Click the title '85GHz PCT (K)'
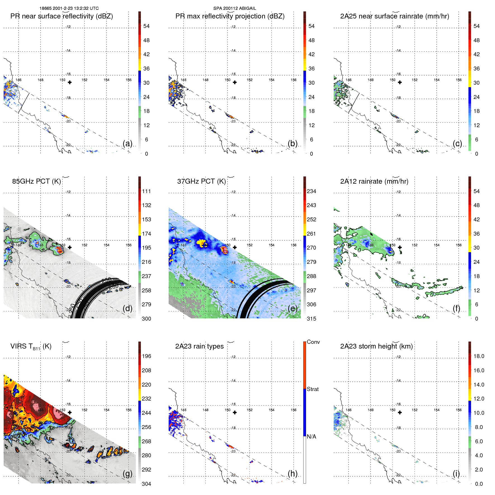coord(36,181)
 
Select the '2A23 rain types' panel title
coord(199,346)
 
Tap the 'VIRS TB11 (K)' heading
coord(31,347)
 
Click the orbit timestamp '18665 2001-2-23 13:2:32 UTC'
coord(69,8)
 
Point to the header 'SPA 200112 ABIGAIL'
coord(235,8)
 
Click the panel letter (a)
coord(127,143)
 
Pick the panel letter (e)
coord(292,308)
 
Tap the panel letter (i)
coord(456,473)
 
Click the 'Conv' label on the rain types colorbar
coord(313,342)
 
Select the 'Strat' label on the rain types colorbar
coord(312,389)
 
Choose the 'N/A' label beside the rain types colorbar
coord(311,437)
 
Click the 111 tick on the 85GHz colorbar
coord(146,191)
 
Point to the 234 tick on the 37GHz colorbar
coord(311,191)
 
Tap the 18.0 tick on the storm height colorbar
coord(479,356)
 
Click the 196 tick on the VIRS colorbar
coord(146,356)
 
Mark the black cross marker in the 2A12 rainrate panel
coord(400,247)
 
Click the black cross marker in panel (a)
coord(70,82)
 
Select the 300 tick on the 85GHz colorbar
coord(146,319)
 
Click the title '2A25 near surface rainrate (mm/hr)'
coord(394,16)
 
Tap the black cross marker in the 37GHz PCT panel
coord(235,247)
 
